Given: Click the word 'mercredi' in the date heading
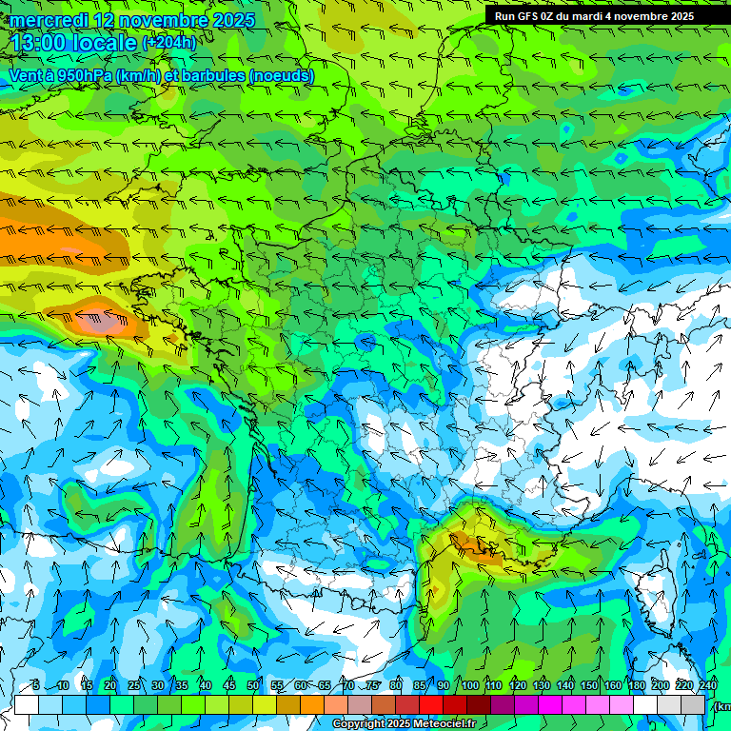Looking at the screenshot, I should [47, 20].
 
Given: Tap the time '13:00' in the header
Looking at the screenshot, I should [36, 43].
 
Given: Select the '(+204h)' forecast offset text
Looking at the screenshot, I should [168, 43].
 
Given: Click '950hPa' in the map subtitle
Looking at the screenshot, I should [83, 75].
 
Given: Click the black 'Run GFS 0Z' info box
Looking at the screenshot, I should [607, 16].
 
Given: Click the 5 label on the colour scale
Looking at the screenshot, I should [36, 686].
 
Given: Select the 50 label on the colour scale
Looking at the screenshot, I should [253, 686].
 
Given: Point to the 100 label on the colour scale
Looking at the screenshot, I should [469, 686].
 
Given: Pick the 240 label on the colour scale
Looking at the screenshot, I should [707, 686].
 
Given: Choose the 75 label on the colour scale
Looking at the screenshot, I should [373, 686].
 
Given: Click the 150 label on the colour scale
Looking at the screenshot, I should [589, 686].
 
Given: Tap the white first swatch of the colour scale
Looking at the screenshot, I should [27, 704].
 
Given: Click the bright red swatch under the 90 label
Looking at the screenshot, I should [432, 704].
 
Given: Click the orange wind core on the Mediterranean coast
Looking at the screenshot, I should [468, 543].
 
